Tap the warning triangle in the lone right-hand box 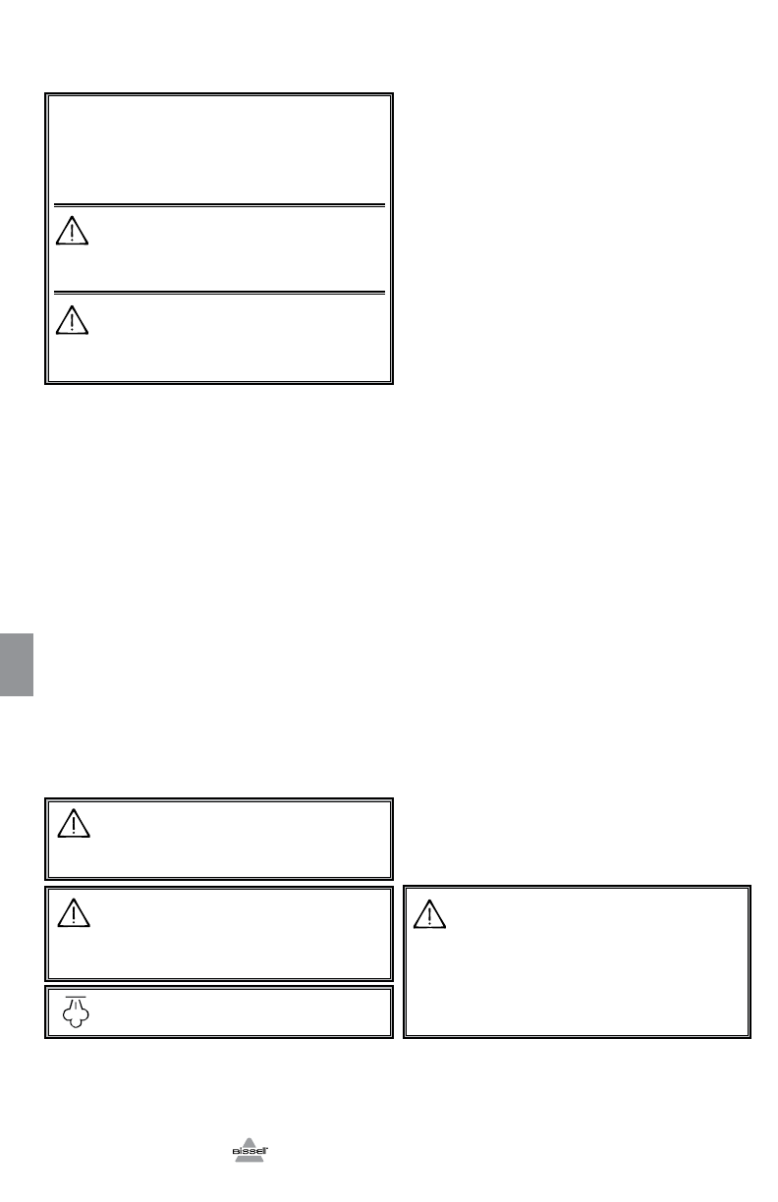pos(429,914)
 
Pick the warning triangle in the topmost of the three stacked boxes pos(74,824)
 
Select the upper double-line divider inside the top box pos(218,205)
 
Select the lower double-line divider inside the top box pos(218,292)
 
